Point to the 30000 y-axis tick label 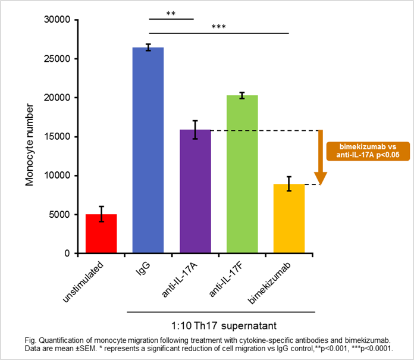click(x=58, y=20)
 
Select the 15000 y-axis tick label click(x=58, y=136)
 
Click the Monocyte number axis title click(x=30, y=136)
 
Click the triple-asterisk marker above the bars click(x=218, y=26)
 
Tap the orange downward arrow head click(x=321, y=177)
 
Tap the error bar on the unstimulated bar click(x=101, y=214)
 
